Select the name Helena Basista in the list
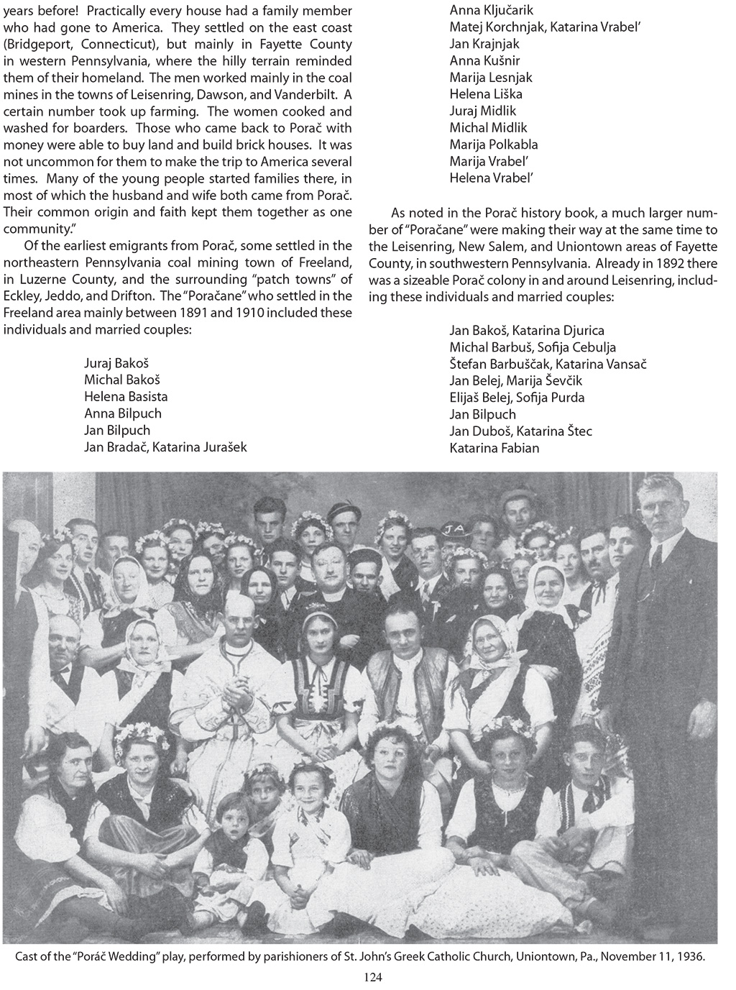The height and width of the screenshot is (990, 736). tap(126, 396)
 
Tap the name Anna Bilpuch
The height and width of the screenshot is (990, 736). tap(123, 413)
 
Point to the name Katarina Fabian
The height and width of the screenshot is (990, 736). tap(494, 448)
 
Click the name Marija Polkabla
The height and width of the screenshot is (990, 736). tap(494, 144)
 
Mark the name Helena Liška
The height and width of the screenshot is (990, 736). tap(486, 93)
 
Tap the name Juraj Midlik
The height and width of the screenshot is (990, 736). tap(483, 111)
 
